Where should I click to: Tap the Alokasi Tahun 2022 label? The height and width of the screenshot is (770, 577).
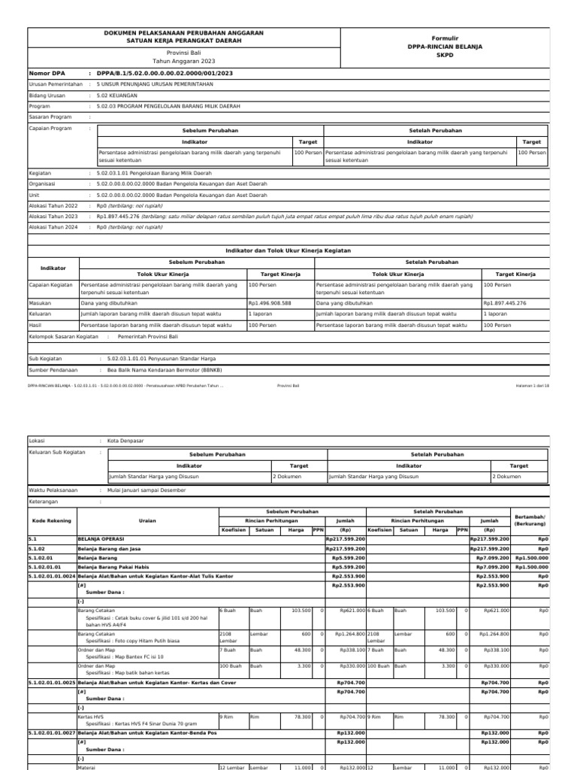pos(53,205)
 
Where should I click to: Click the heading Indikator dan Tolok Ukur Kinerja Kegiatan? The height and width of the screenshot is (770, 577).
pos(288,250)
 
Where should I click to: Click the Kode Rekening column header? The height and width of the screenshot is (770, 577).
pos(50,520)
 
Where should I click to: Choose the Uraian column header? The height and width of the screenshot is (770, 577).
pos(147,520)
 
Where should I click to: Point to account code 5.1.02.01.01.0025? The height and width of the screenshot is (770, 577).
pos(52,682)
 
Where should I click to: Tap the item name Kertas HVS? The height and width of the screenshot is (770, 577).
pos(90,717)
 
